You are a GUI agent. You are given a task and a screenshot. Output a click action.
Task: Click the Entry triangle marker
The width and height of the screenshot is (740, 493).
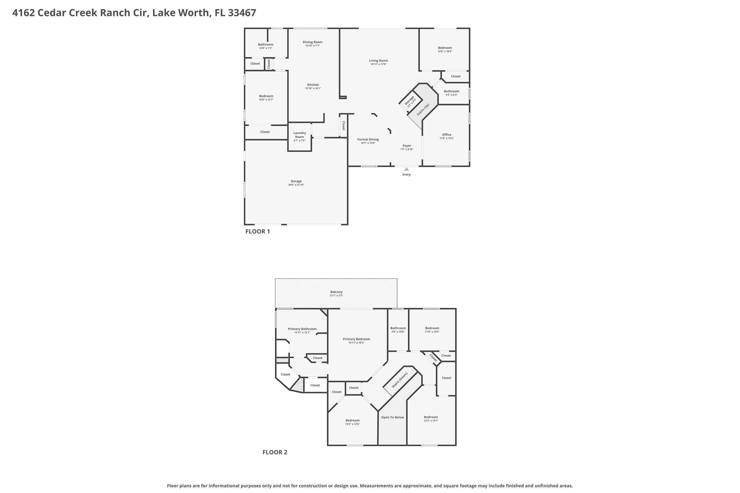tap(406, 169)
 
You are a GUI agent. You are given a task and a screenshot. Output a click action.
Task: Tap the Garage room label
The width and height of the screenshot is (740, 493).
tap(296, 181)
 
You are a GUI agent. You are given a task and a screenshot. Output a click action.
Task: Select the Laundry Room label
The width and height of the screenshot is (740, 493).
tap(299, 135)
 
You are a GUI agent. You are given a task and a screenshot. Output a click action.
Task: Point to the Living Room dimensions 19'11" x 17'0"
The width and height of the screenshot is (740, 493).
tap(378, 64)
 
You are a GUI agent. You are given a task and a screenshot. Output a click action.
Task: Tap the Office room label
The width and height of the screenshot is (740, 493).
tap(446, 135)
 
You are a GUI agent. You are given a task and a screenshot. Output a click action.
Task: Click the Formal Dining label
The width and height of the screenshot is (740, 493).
tap(368, 139)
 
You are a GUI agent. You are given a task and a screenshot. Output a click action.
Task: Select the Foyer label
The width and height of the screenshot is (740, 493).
tap(407, 146)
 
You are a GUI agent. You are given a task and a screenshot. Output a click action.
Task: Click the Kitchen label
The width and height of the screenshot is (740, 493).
tap(313, 85)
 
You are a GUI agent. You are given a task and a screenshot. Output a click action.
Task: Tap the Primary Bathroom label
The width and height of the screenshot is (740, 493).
tap(302, 329)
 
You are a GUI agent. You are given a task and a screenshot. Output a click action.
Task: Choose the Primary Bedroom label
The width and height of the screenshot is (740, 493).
tap(356, 339)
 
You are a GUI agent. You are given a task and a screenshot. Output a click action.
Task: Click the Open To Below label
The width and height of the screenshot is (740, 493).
tap(392, 417)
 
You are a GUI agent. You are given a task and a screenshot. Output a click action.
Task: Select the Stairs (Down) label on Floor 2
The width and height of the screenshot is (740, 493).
tap(400, 380)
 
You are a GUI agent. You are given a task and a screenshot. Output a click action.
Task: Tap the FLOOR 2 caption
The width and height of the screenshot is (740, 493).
tap(275, 452)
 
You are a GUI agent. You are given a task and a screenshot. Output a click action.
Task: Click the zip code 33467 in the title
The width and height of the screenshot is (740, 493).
tap(242, 13)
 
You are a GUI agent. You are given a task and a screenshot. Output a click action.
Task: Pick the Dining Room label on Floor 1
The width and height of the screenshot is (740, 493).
tap(313, 42)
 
